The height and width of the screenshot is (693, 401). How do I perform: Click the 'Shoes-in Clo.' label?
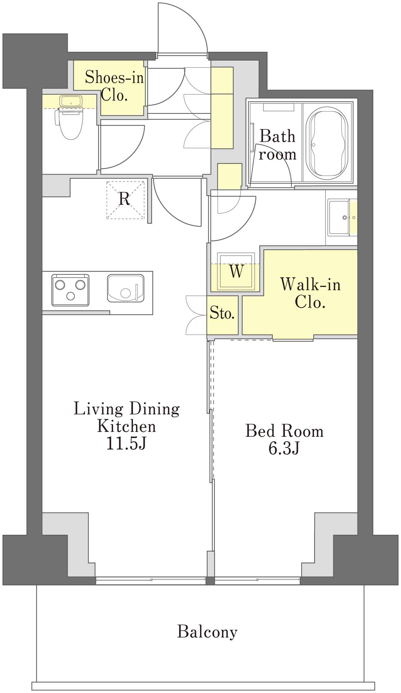pyautogui.click(x=114, y=86)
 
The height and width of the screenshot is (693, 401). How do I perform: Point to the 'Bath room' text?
pyautogui.click(x=277, y=145)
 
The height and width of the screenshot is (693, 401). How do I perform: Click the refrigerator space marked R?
pyautogui.click(x=125, y=200)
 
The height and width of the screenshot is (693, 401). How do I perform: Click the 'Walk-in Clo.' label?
pyautogui.click(x=310, y=293)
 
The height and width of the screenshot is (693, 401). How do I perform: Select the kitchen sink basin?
pyautogui.click(x=126, y=288)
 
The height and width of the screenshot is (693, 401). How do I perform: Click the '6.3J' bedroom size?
pyautogui.click(x=284, y=448)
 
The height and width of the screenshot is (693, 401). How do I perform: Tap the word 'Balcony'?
pyautogui.click(x=207, y=632)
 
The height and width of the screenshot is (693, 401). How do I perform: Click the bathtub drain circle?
pyautogui.click(x=314, y=145)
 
